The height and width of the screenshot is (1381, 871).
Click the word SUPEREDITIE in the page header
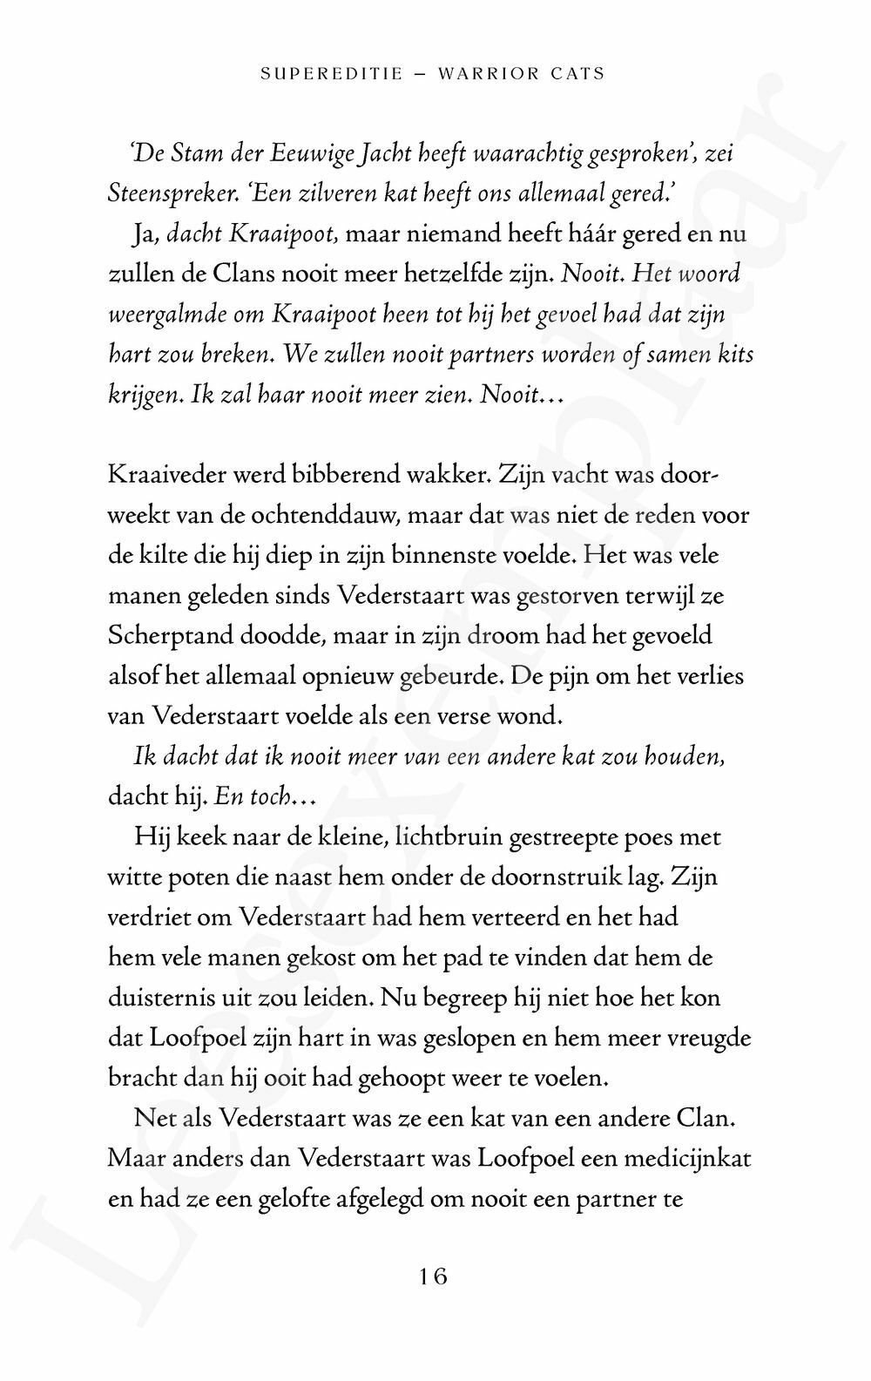click(x=332, y=74)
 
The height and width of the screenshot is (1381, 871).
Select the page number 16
click(x=433, y=1276)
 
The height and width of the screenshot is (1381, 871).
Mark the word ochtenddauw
click(x=326, y=516)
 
